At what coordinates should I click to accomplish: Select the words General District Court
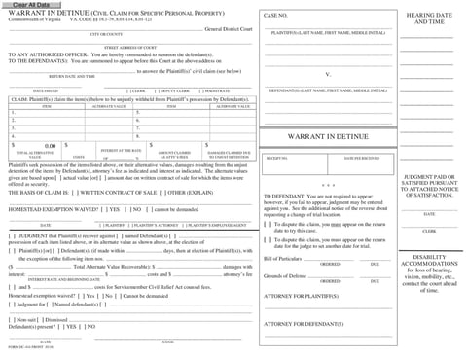click(x=228, y=30)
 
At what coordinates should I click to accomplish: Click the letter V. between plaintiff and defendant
click(x=328, y=74)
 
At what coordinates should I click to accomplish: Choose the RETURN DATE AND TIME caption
click(x=72, y=76)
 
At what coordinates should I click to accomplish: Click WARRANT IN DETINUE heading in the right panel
click(x=327, y=137)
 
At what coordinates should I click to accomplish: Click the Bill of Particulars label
click(x=283, y=259)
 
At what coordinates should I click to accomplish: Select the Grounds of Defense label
click(x=285, y=277)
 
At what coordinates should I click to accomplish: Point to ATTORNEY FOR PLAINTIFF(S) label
click(x=301, y=295)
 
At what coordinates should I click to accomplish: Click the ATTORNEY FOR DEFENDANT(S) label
click(x=303, y=324)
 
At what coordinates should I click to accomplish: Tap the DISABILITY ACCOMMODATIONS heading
click(x=429, y=262)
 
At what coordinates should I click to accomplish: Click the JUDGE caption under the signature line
click(x=167, y=342)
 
